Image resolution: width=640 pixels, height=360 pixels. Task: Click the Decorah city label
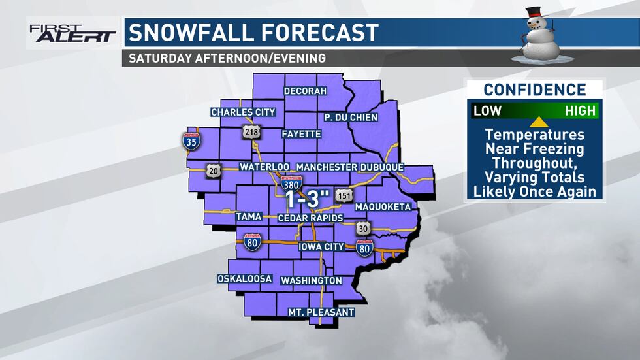click(305, 91)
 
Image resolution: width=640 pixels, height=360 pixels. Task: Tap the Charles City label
click(243, 112)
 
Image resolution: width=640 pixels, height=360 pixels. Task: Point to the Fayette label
click(301, 134)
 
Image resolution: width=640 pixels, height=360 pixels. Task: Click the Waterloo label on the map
click(264, 167)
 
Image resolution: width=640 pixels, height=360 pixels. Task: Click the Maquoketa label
click(383, 207)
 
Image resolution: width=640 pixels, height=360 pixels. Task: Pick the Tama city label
click(249, 217)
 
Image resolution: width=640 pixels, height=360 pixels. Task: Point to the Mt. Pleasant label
click(321, 312)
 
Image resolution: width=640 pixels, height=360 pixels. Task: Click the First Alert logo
click(71, 33)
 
